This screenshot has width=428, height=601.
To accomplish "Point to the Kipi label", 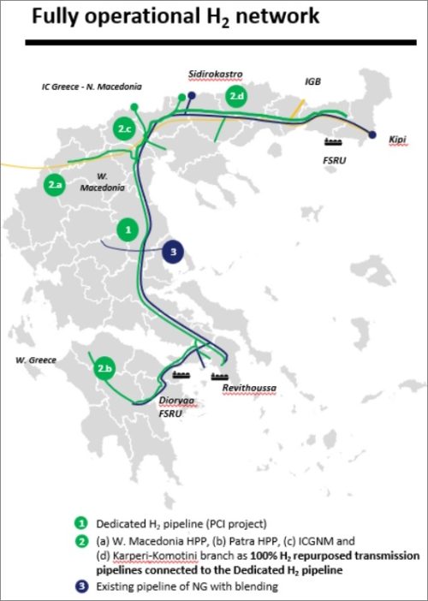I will [396, 140].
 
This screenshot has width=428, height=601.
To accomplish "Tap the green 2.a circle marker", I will [56, 183].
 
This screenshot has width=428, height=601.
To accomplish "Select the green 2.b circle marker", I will [106, 368].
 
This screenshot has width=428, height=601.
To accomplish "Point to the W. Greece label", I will [34, 360].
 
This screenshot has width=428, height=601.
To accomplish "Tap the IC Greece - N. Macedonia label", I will [92, 86].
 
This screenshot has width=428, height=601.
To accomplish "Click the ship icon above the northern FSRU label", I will [335, 139].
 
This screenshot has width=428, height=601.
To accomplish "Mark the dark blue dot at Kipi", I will [372, 134].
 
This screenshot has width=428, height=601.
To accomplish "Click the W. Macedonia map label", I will [96, 183].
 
